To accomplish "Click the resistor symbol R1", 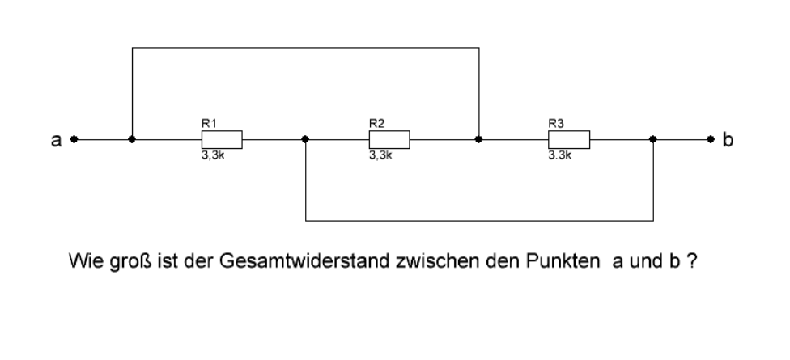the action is [222, 139].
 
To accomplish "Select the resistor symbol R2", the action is [389, 139].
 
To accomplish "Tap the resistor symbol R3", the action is [569, 139].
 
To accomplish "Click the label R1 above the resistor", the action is [209, 123].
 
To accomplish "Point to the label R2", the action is [377, 123].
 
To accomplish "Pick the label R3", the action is [556, 123].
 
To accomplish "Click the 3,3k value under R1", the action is [213, 155].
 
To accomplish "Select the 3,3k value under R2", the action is [380, 155].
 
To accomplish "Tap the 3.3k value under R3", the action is [560, 155].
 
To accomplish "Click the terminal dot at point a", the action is [74, 139].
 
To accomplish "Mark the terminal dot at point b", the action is [711, 139].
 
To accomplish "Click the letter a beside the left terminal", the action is [56, 141].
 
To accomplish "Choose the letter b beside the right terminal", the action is [728, 139].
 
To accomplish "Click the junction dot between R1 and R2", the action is [305, 139].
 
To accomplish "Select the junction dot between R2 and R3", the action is [478, 139].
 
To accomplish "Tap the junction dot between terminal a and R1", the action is [132, 139].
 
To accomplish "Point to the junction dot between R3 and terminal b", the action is [653, 139].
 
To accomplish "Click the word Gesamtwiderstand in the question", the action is [304, 261].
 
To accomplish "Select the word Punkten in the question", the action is [563, 261].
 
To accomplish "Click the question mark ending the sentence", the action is [692, 261].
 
